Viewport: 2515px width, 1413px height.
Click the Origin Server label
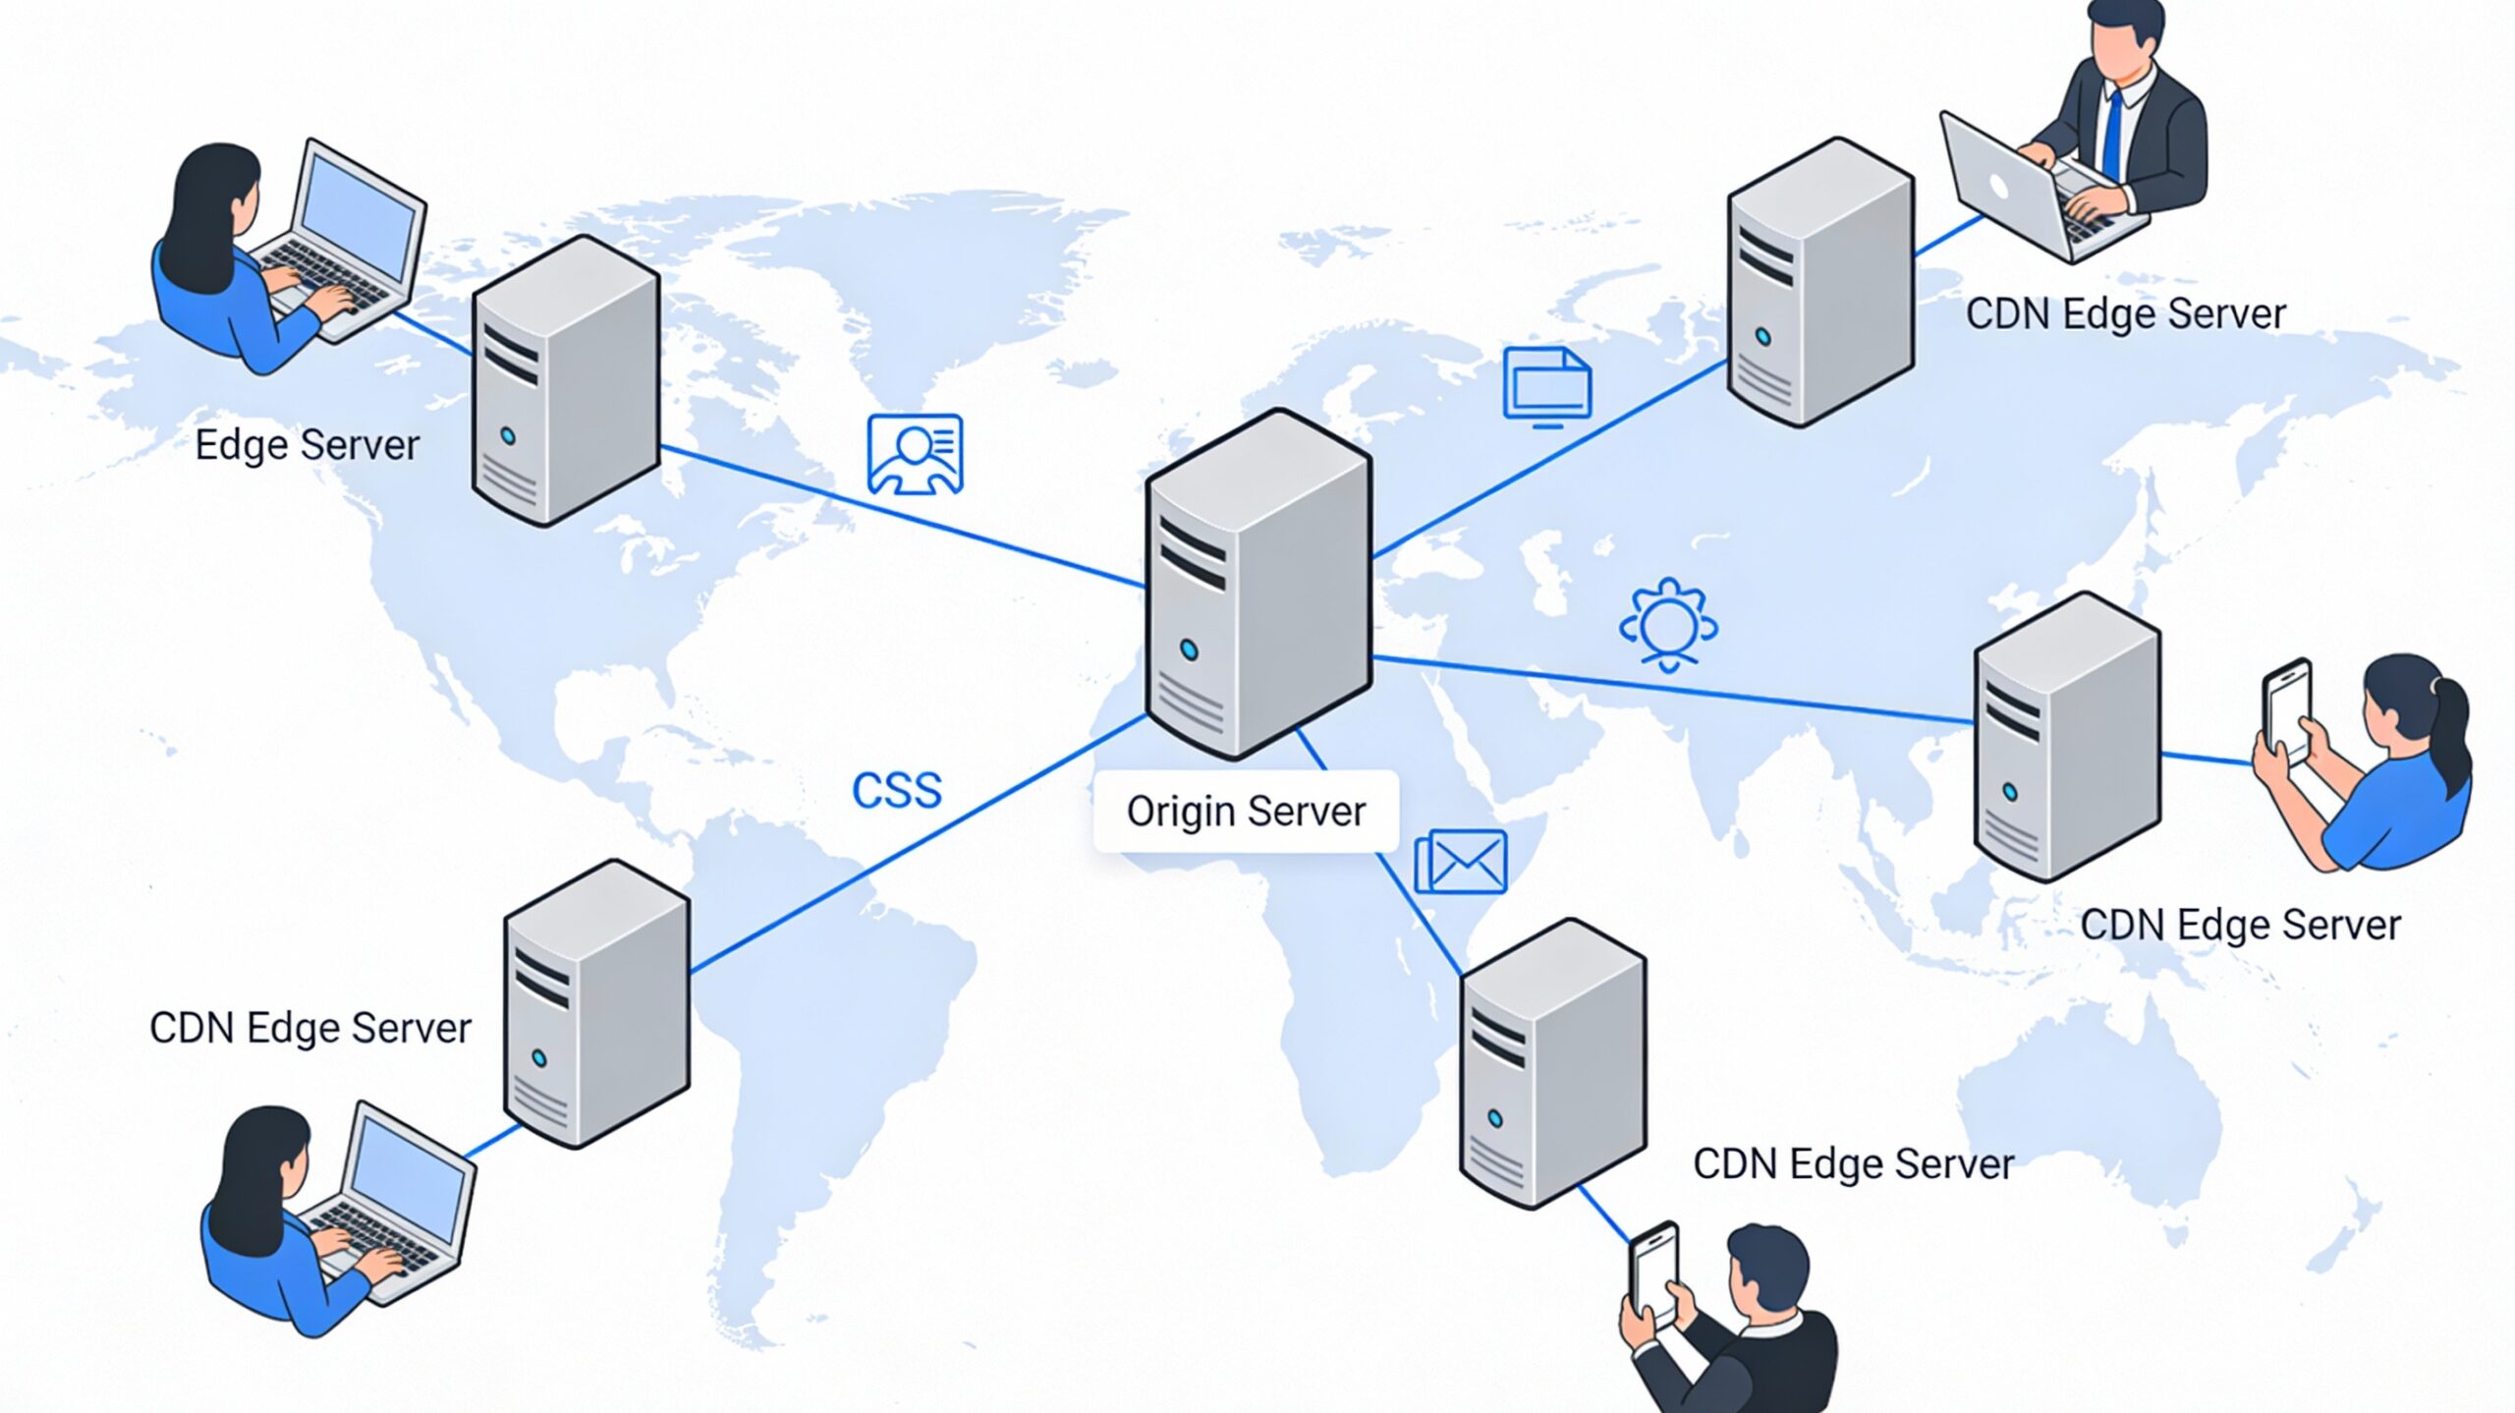tap(1245, 812)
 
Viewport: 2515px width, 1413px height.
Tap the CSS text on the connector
tap(896, 790)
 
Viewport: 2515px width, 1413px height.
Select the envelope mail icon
tap(1461, 862)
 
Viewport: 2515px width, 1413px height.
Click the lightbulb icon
tap(1667, 624)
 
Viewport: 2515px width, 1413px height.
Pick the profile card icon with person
tap(915, 454)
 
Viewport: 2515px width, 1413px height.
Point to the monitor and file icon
tap(1546, 386)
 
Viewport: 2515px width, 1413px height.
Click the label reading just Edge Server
tap(307, 445)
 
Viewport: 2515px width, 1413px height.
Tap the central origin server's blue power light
tap(1189, 650)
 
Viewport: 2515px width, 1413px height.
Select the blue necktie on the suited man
tap(2112, 138)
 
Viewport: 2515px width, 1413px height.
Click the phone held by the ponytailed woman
tap(2287, 709)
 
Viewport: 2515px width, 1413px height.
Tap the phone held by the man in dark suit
tap(1655, 1272)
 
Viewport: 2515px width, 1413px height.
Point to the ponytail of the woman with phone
tap(2453, 727)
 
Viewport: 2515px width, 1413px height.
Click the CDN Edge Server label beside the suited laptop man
tap(2125, 314)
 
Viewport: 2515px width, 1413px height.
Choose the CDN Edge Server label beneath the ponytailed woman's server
tap(2240, 925)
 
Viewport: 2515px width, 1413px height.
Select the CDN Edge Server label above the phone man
tap(1853, 1164)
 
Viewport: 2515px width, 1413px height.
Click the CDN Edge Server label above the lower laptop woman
tap(309, 1029)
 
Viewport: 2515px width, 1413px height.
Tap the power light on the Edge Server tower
tap(508, 435)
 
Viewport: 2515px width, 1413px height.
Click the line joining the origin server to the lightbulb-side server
tap(1670, 690)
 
